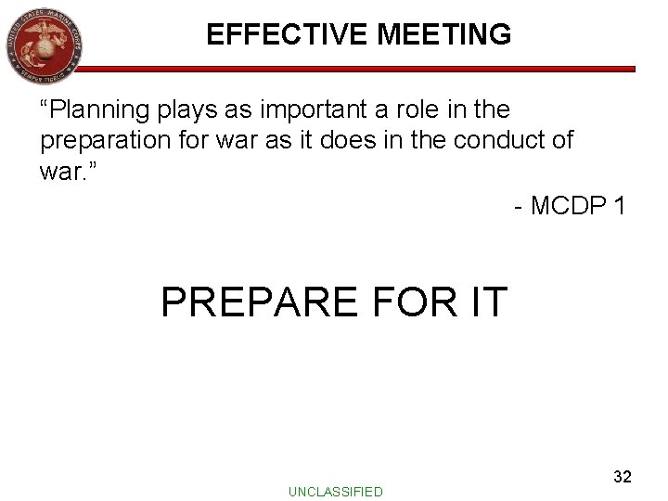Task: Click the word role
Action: tap(412, 110)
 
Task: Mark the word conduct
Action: tap(502, 140)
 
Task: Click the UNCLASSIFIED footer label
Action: tap(335, 489)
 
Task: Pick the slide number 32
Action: tap(623, 477)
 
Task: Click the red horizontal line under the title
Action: tap(371, 69)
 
